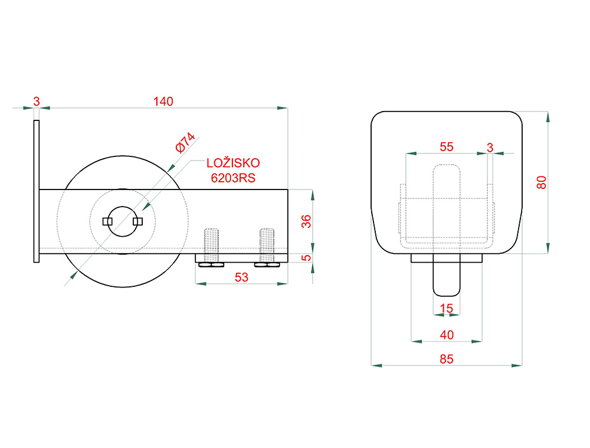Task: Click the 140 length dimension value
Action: (x=163, y=102)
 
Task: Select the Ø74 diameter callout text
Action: (x=185, y=142)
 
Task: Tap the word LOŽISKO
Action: (x=233, y=163)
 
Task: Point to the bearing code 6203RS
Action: (x=233, y=178)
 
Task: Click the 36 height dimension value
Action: (x=306, y=221)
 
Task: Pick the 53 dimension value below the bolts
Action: (x=241, y=277)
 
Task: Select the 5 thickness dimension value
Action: (x=306, y=258)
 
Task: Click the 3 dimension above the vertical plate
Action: (x=36, y=102)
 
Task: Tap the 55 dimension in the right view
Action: (x=446, y=147)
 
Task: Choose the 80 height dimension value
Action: (x=541, y=182)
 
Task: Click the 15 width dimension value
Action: (x=446, y=308)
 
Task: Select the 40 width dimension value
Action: (x=446, y=335)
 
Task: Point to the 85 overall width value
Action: (x=446, y=359)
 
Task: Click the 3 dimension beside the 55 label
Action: (x=490, y=148)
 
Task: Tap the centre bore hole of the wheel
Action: (x=122, y=221)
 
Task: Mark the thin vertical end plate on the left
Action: (x=37, y=191)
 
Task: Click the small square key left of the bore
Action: (x=107, y=221)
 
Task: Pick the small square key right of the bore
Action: (x=137, y=221)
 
